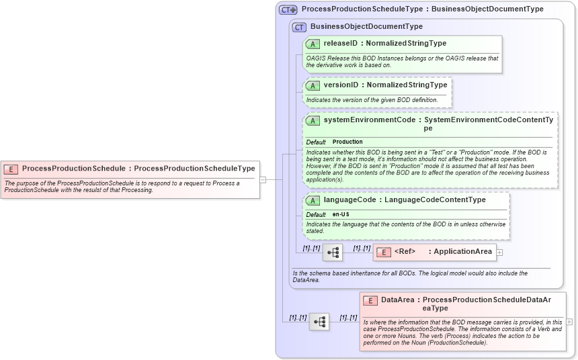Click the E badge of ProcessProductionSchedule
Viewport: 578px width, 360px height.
11,169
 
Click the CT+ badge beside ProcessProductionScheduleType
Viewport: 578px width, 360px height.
288,9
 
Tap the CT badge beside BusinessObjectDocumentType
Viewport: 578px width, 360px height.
299,27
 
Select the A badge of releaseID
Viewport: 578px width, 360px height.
313,44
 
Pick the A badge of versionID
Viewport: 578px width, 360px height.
313,85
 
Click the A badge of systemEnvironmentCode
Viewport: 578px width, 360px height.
313,120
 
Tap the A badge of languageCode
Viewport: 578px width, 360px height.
313,200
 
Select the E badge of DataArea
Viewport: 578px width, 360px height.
370,300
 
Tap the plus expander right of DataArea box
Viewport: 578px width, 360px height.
570,322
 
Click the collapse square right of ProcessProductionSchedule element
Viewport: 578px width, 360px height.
263,179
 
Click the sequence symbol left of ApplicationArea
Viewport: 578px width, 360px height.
333,253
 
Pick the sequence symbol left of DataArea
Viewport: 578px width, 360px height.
319,322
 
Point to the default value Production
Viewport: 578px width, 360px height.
347,142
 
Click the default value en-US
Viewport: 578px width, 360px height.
341,214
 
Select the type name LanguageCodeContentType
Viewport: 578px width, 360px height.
434,200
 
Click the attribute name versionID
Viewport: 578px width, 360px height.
341,85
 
